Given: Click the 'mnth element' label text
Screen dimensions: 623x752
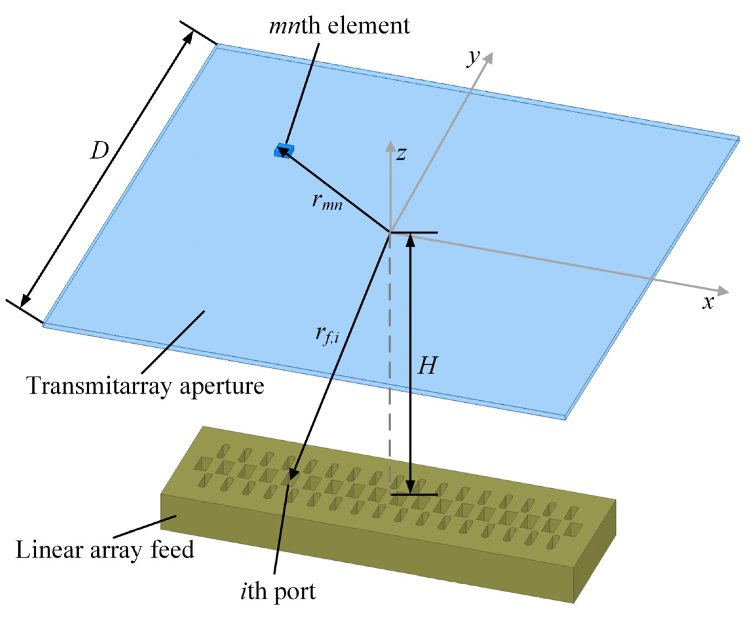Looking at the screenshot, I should tap(339, 26).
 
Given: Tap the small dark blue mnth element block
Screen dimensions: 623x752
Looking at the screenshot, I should tap(284, 151).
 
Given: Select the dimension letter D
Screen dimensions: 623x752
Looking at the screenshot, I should tap(99, 151).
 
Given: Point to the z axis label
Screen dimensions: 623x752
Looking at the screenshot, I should tap(401, 153).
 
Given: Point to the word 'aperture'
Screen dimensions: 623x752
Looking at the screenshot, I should tap(222, 387).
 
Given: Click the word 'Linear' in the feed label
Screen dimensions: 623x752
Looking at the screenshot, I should tap(49, 550).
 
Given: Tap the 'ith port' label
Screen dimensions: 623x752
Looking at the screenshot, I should tap(278, 592).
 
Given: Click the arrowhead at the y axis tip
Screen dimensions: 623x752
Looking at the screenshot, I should tap(488, 58).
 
